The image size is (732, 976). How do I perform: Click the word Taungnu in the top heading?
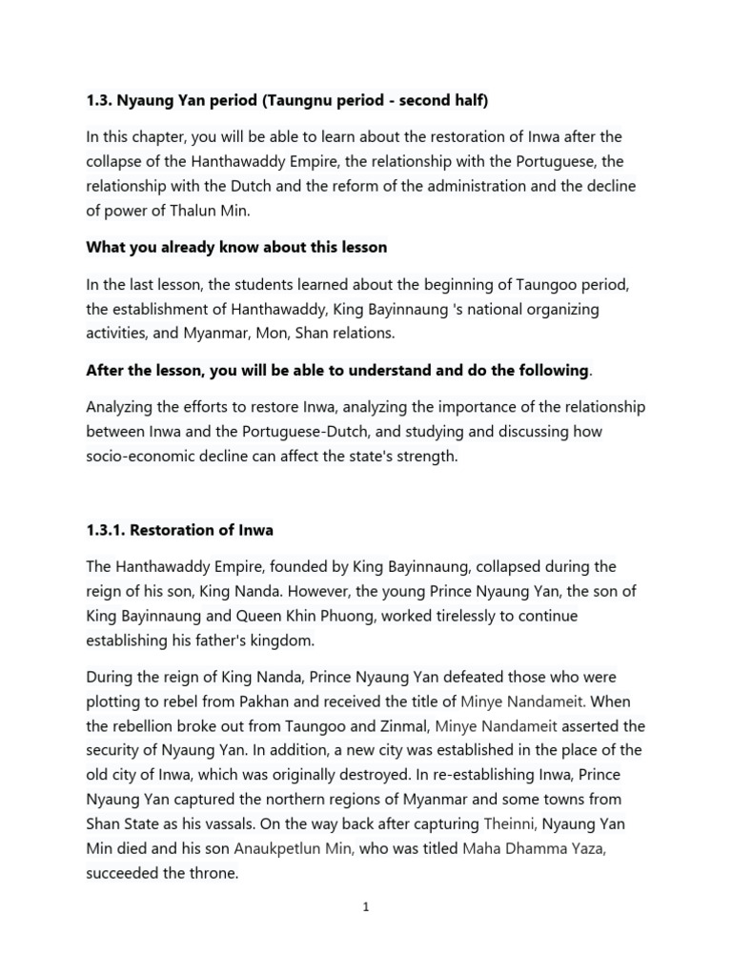[x=280, y=100]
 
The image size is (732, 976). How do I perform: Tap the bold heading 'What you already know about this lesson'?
[x=236, y=247]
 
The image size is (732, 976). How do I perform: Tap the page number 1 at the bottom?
[x=365, y=907]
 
